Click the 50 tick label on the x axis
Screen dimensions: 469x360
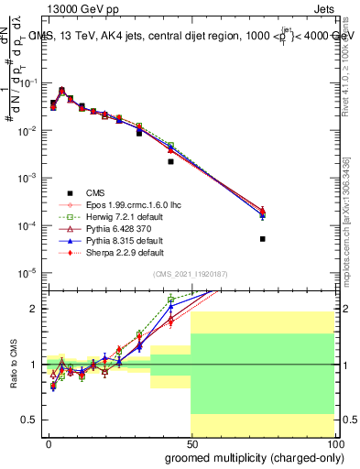pyautogui.click(x=191, y=443)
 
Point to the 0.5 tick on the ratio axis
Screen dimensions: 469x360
pyautogui.click(x=29, y=420)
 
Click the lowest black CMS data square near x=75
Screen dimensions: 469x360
pyautogui.click(x=262, y=239)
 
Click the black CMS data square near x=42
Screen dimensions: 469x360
pyautogui.click(x=170, y=161)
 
